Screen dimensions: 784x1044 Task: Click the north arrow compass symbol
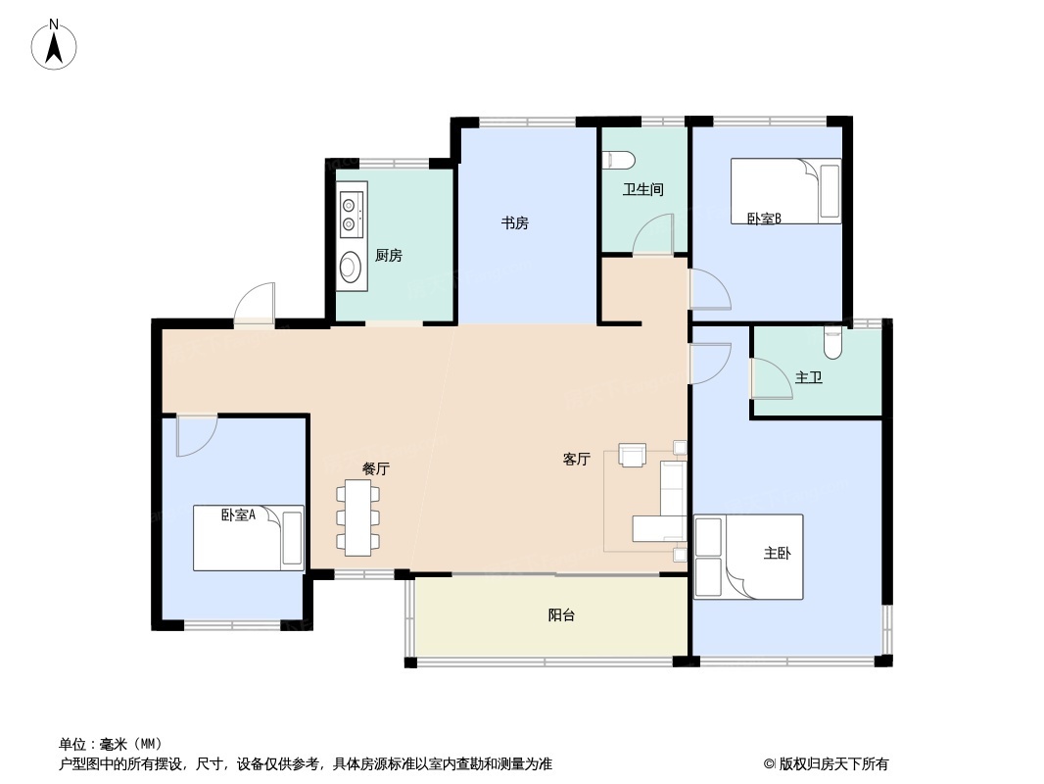(55, 45)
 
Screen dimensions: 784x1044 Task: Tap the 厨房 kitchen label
(388, 256)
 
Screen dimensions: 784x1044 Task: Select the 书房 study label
(515, 223)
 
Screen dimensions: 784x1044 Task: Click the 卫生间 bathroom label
(642, 189)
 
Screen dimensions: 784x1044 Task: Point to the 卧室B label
(764, 219)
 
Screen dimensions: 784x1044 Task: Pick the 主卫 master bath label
(808, 377)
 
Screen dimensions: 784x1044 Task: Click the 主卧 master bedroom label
(777, 554)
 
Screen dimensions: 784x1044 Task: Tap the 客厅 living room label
(576, 459)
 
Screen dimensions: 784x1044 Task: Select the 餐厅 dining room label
(376, 468)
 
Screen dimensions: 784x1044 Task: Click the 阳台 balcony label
(561, 615)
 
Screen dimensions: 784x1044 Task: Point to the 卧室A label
(238, 514)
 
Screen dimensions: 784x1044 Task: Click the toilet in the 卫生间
(620, 160)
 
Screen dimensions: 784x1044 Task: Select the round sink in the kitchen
(350, 267)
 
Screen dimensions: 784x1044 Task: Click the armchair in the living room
(633, 454)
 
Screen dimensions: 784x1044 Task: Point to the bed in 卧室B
(785, 191)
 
